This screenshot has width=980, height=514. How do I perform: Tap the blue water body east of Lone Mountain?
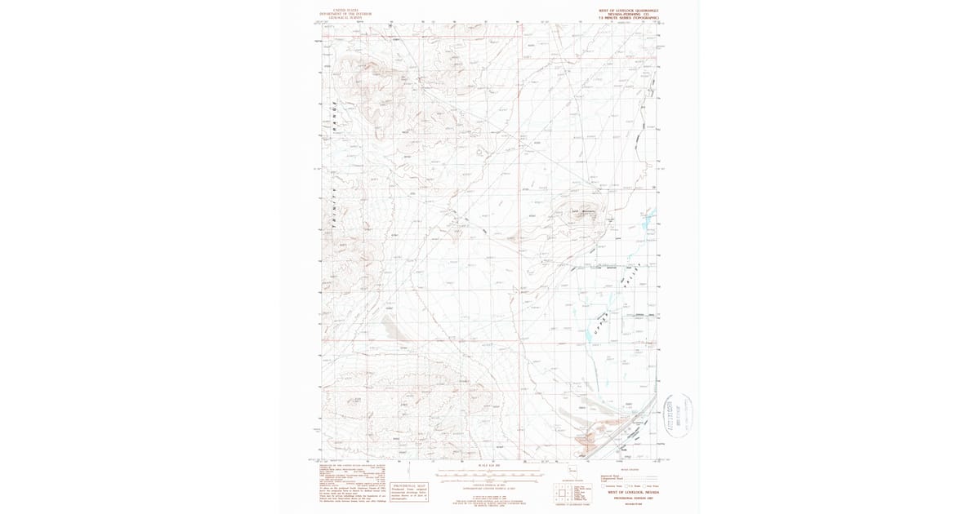(647, 219)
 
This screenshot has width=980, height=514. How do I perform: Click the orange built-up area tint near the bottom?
(586, 441)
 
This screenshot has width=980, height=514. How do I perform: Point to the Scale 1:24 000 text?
(485, 467)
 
